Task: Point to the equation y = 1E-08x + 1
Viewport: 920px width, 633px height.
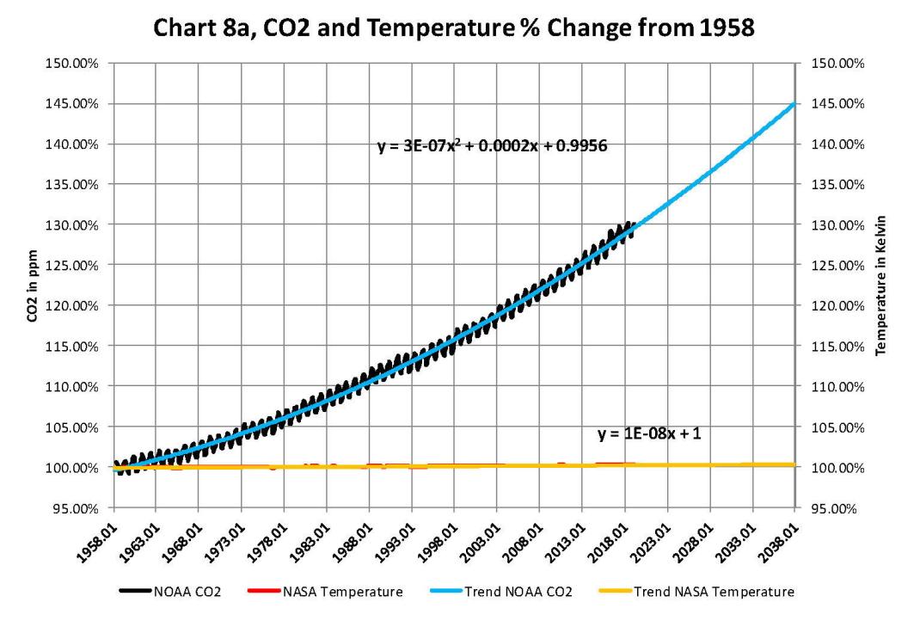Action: point(649,434)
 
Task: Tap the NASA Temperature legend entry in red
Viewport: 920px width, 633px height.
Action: point(335,591)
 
